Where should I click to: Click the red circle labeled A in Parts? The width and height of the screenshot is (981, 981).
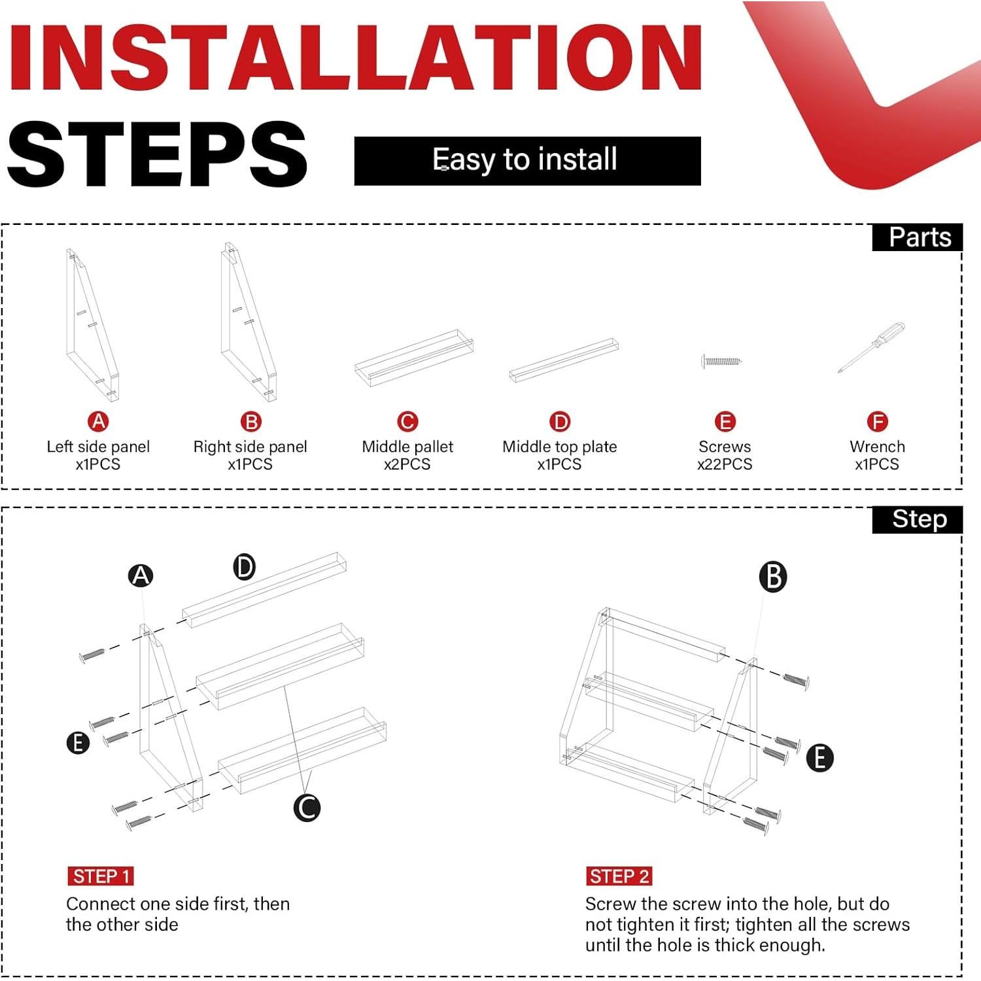pyautogui.click(x=98, y=421)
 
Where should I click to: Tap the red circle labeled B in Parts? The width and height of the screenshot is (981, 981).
pyautogui.click(x=250, y=421)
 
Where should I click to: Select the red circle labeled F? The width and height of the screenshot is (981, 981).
pyautogui.click(x=877, y=421)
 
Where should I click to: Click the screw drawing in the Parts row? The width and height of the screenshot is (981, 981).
pyautogui.click(x=721, y=361)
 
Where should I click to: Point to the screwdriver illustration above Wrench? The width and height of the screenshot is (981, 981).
pyautogui.click(x=871, y=348)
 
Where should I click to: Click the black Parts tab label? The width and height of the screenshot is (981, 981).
pyautogui.click(x=918, y=237)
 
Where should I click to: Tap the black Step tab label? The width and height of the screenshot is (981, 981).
pyautogui.click(x=918, y=519)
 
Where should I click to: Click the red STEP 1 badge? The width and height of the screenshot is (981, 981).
pyautogui.click(x=100, y=876)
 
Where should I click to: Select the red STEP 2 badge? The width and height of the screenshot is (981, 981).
pyautogui.click(x=619, y=876)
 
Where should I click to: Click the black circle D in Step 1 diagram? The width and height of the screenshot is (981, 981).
pyautogui.click(x=244, y=566)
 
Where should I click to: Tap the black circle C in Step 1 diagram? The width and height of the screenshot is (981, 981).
pyautogui.click(x=307, y=807)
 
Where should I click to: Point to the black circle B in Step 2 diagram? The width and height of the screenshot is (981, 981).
pyautogui.click(x=773, y=577)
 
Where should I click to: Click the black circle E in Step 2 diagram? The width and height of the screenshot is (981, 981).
pyautogui.click(x=819, y=758)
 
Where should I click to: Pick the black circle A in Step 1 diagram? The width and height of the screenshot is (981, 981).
pyautogui.click(x=141, y=576)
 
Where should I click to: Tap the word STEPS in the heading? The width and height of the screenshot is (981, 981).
pyautogui.click(x=157, y=154)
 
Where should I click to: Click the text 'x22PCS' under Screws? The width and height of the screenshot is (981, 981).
pyautogui.click(x=725, y=464)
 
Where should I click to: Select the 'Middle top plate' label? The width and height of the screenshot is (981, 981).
pyautogui.click(x=560, y=447)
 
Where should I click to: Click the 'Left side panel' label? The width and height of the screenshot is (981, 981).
pyautogui.click(x=98, y=447)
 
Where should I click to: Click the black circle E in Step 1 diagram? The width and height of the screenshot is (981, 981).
pyautogui.click(x=78, y=743)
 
